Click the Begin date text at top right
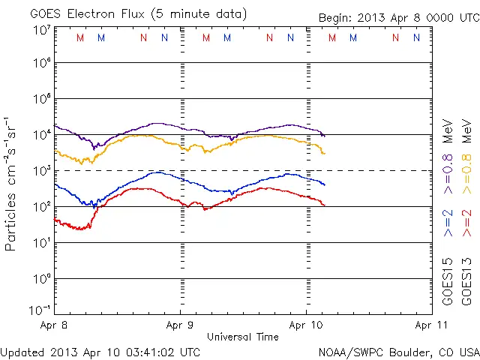(x=398, y=17)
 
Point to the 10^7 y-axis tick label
(x=41, y=29)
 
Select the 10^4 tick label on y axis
(x=41, y=135)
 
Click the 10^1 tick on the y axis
(x=41, y=243)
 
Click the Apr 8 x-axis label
(x=53, y=325)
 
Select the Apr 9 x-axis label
(x=180, y=325)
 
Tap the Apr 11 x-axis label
(x=430, y=325)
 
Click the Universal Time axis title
(x=242, y=337)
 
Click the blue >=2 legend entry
(x=448, y=223)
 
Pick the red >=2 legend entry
(x=467, y=223)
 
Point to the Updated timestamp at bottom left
(x=100, y=351)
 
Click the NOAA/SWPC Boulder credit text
(x=398, y=351)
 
